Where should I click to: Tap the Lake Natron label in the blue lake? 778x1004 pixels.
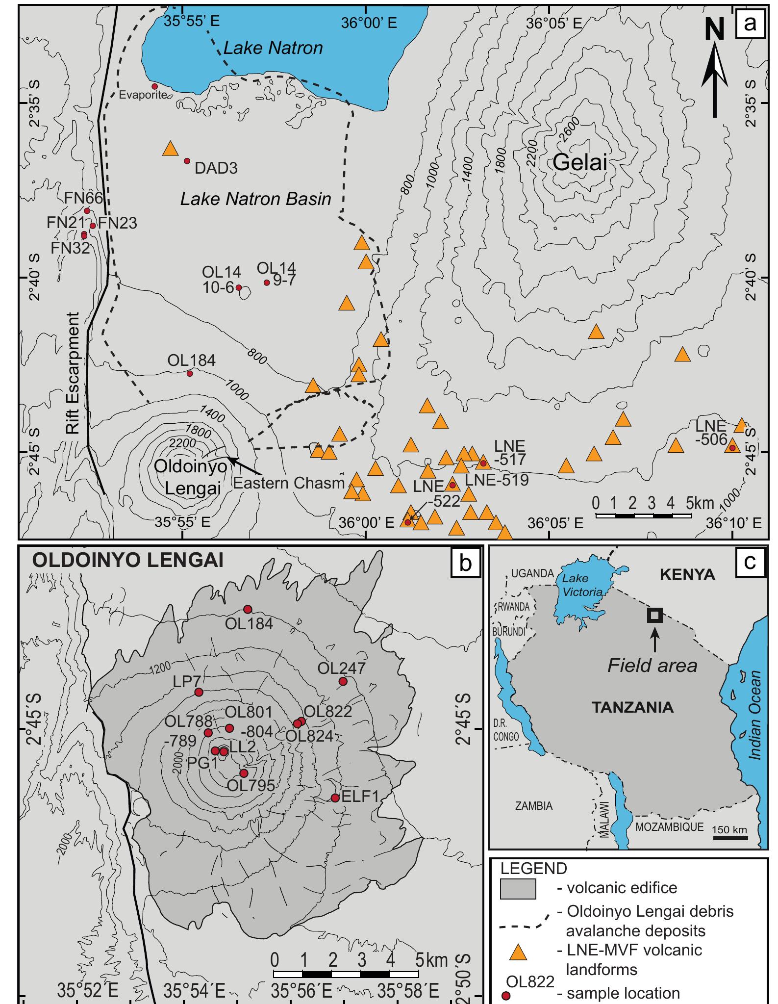point(273,48)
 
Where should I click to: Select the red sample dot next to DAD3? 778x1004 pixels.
point(187,161)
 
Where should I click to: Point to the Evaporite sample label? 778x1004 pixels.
point(143,94)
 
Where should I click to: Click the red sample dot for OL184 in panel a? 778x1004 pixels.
point(190,374)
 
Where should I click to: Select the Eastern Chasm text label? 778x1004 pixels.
point(289,483)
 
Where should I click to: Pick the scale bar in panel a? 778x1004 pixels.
point(643,515)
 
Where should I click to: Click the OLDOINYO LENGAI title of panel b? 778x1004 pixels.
point(127,560)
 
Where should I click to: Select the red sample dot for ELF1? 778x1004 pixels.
point(335,798)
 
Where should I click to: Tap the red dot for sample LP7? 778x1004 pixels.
point(199,692)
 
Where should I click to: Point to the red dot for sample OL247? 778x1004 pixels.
point(343,681)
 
